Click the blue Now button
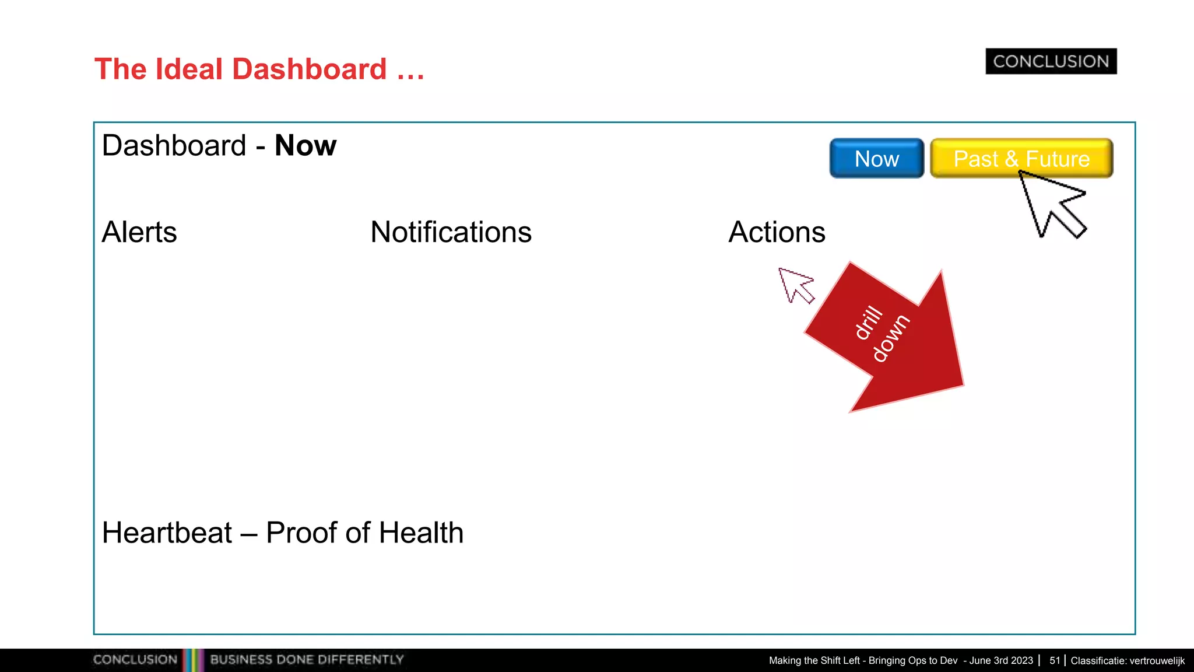click(x=876, y=159)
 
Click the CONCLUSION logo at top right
click(x=1051, y=61)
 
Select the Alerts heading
click(x=139, y=232)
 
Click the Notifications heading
click(x=451, y=232)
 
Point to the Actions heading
click(x=777, y=232)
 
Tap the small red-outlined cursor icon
click(x=794, y=284)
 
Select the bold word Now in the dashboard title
click(x=305, y=145)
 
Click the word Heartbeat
click(x=167, y=533)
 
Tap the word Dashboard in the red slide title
click(x=310, y=69)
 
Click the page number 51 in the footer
click(x=1054, y=660)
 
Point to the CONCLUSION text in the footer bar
click(x=135, y=660)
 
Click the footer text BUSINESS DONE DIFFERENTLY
click(x=307, y=660)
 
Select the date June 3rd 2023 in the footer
click(x=1001, y=660)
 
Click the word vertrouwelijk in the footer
click(x=1157, y=660)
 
